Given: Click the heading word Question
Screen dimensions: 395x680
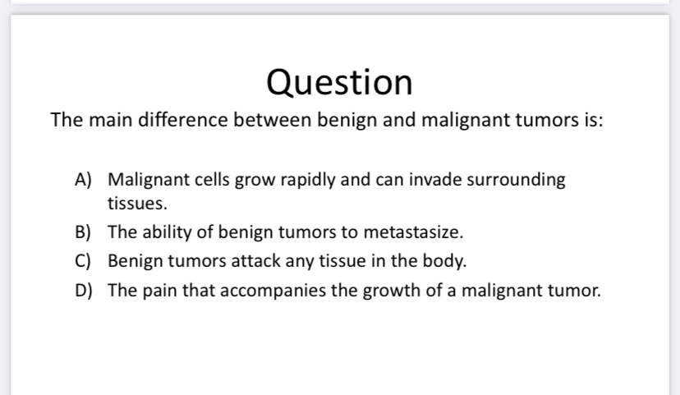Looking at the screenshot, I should tap(339, 81).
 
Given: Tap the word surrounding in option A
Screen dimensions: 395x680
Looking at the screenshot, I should tap(515, 179).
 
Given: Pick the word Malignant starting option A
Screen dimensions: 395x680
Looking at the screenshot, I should tap(144, 179).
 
